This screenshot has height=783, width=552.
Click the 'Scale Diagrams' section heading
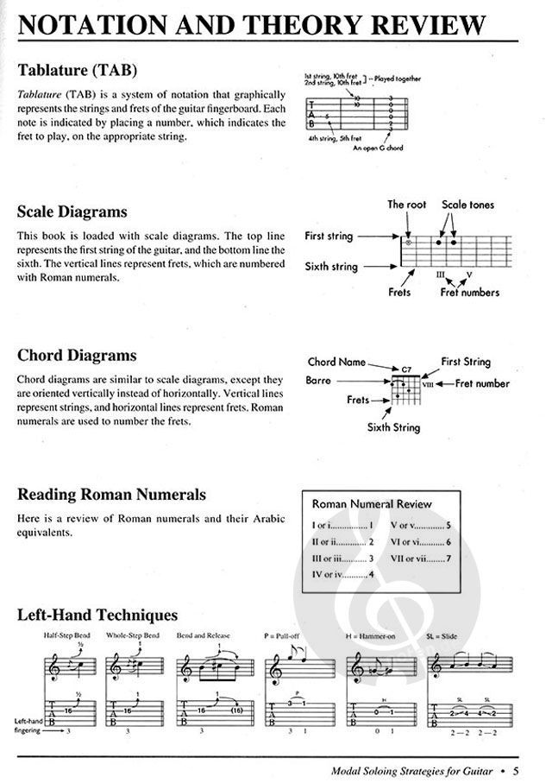(x=72, y=212)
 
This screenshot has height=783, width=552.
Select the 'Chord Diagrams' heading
(x=77, y=355)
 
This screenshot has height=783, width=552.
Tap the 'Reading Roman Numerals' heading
(x=112, y=495)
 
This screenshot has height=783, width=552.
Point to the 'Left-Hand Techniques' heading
(x=97, y=615)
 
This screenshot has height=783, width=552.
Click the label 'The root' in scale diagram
(x=407, y=205)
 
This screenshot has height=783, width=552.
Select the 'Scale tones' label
(x=469, y=205)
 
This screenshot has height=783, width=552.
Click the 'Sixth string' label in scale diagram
(x=335, y=267)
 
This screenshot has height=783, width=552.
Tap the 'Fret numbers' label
(x=470, y=293)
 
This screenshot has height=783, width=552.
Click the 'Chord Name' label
(x=336, y=362)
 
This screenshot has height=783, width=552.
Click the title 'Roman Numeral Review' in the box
(x=372, y=503)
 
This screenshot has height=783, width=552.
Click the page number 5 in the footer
(x=515, y=771)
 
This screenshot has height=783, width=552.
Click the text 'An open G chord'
(x=377, y=147)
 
